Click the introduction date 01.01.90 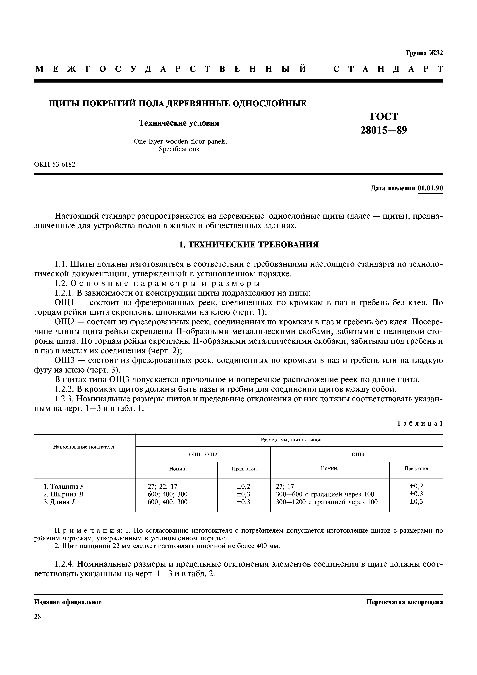(430, 188)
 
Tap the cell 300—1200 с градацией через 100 (327, 502)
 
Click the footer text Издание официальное (68, 602)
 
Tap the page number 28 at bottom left (38, 617)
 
